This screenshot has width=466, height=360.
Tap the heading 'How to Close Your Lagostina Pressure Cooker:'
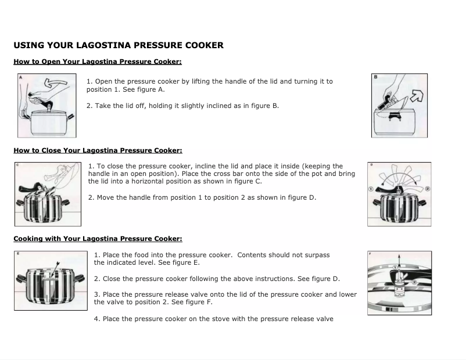98,150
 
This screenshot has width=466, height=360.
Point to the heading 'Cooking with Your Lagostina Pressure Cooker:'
98,239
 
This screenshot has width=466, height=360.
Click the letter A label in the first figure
20,77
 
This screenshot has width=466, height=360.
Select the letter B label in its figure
375,77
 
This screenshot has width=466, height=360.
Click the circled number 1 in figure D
371,190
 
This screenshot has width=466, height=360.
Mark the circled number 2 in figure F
414,284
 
